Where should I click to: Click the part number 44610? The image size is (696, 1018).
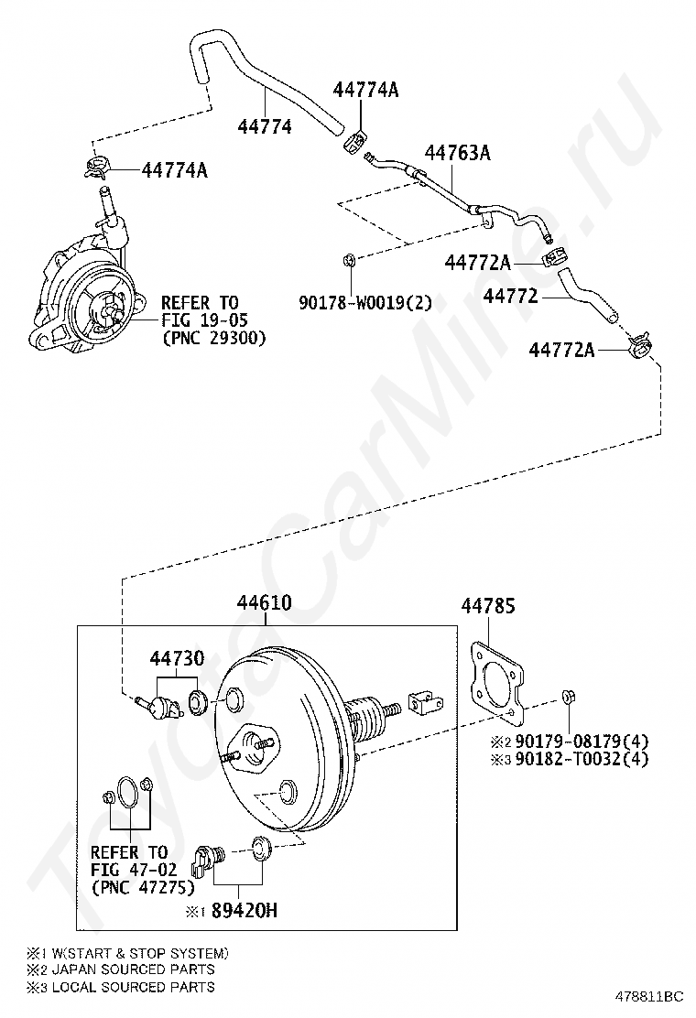click(265, 603)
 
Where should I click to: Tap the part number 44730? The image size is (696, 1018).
click(177, 658)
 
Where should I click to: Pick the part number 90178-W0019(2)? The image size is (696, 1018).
click(364, 302)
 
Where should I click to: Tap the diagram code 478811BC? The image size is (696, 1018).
click(650, 994)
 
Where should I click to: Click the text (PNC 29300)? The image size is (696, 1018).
click(213, 338)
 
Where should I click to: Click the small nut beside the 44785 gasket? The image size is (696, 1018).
click(567, 699)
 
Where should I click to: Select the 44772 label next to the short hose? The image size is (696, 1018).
click(511, 296)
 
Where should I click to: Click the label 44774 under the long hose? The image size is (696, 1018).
click(265, 127)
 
